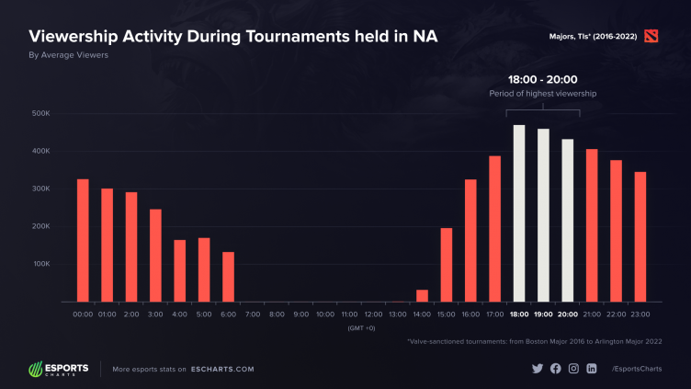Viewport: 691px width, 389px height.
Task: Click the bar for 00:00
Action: (83, 240)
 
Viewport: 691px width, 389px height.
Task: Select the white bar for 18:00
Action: (519, 213)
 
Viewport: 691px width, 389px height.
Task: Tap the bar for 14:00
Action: (422, 295)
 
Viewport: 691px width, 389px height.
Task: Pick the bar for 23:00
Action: (640, 236)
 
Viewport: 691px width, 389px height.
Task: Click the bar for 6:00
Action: (228, 277)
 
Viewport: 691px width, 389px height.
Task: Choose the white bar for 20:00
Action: (568, 221)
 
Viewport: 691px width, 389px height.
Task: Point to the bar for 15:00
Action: (447, 265)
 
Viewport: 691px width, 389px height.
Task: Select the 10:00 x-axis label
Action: (325, 315)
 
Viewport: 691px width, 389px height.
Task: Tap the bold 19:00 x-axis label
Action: (543, 315)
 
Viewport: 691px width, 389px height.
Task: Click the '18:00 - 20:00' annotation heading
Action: (543, 79)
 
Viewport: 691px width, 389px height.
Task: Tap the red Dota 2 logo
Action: (652, 36)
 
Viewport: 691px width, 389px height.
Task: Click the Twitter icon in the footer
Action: (538, 369)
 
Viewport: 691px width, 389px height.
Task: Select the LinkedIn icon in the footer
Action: (591, 369)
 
